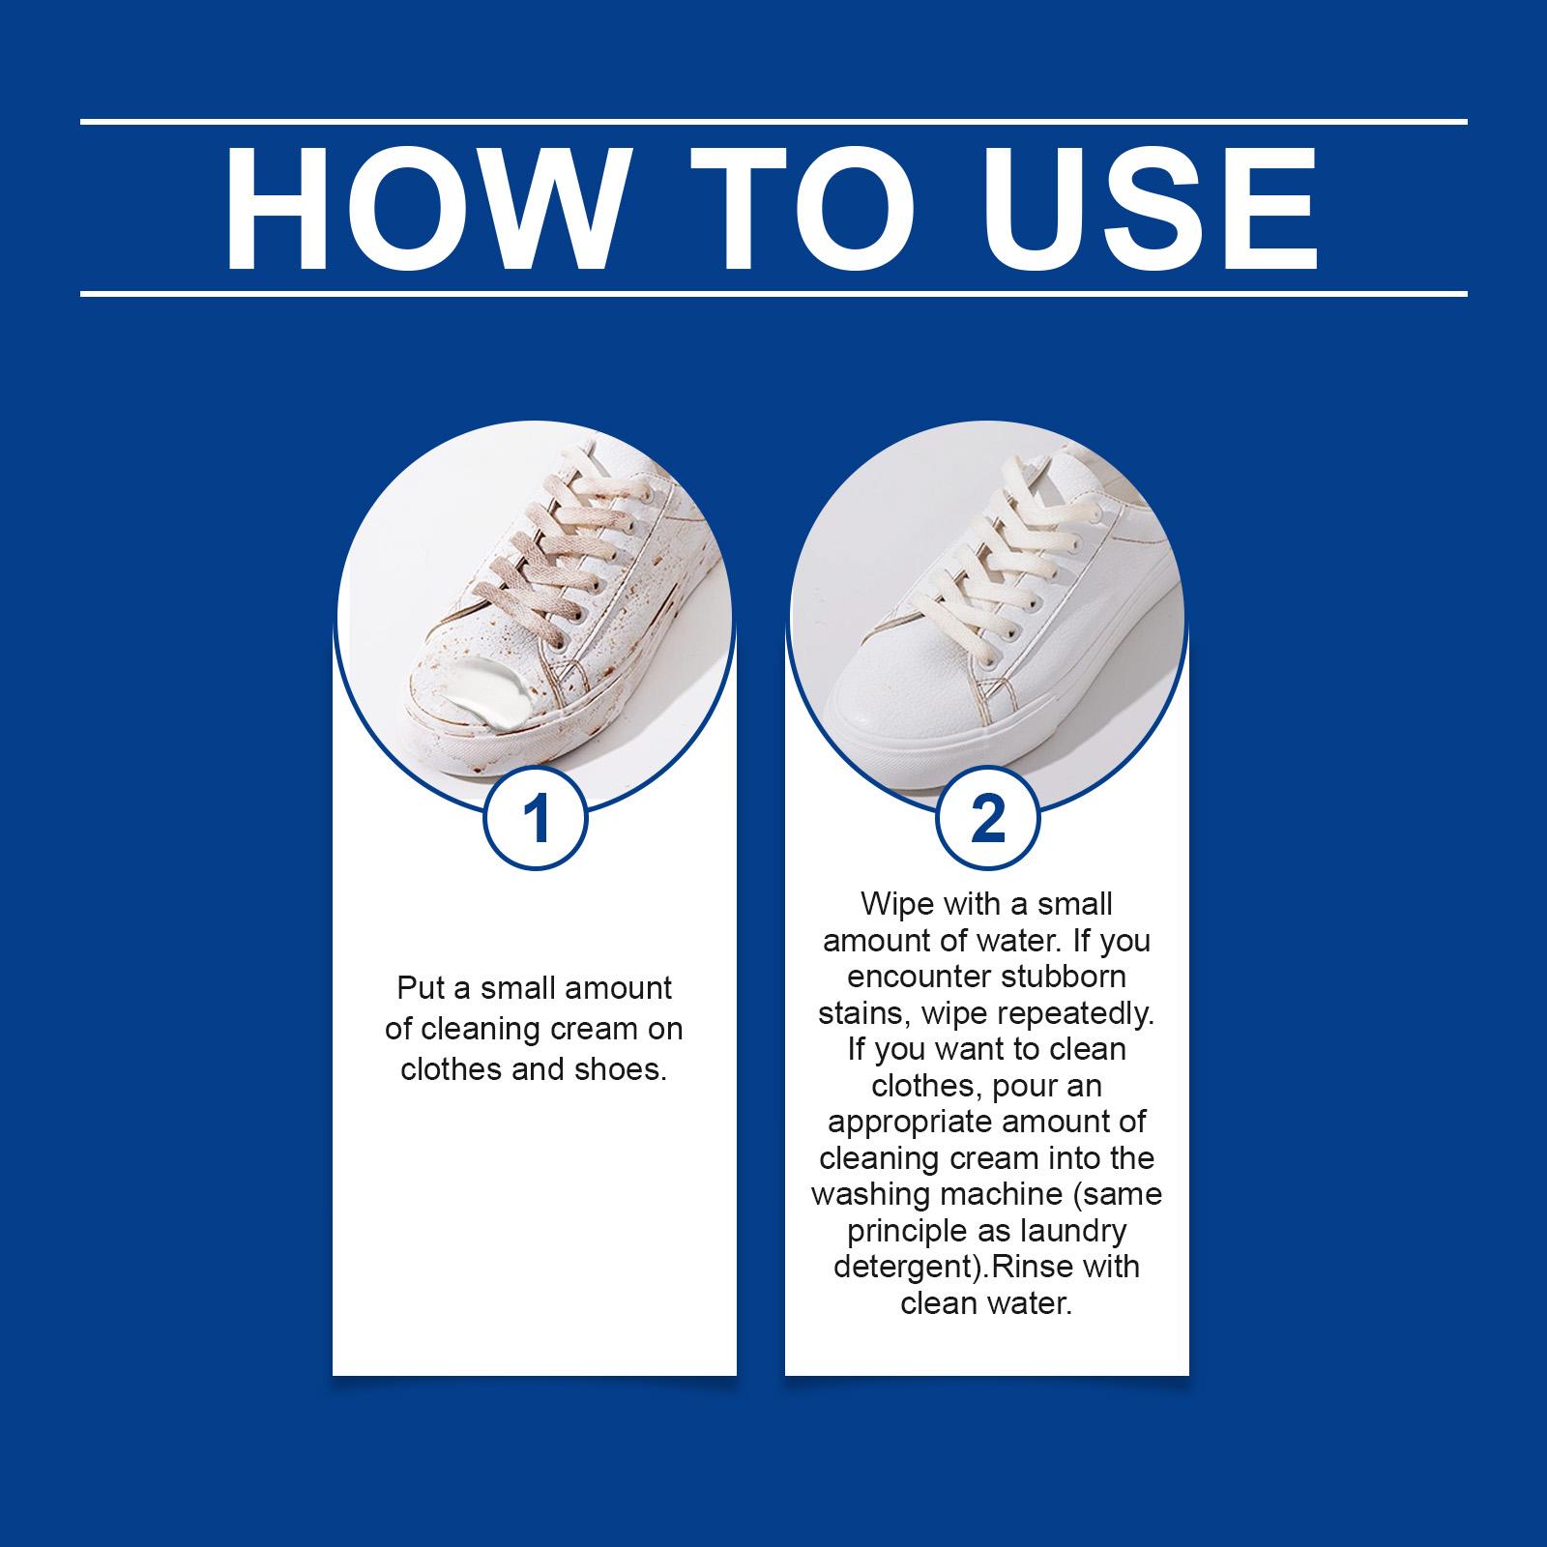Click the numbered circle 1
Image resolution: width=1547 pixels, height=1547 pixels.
(x=535, y=820)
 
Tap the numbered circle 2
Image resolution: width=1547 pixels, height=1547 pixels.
(x=987, y=820)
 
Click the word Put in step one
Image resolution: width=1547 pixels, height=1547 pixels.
(x=420, y=989)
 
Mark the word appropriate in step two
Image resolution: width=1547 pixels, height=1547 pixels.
(x=910, y=1123)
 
